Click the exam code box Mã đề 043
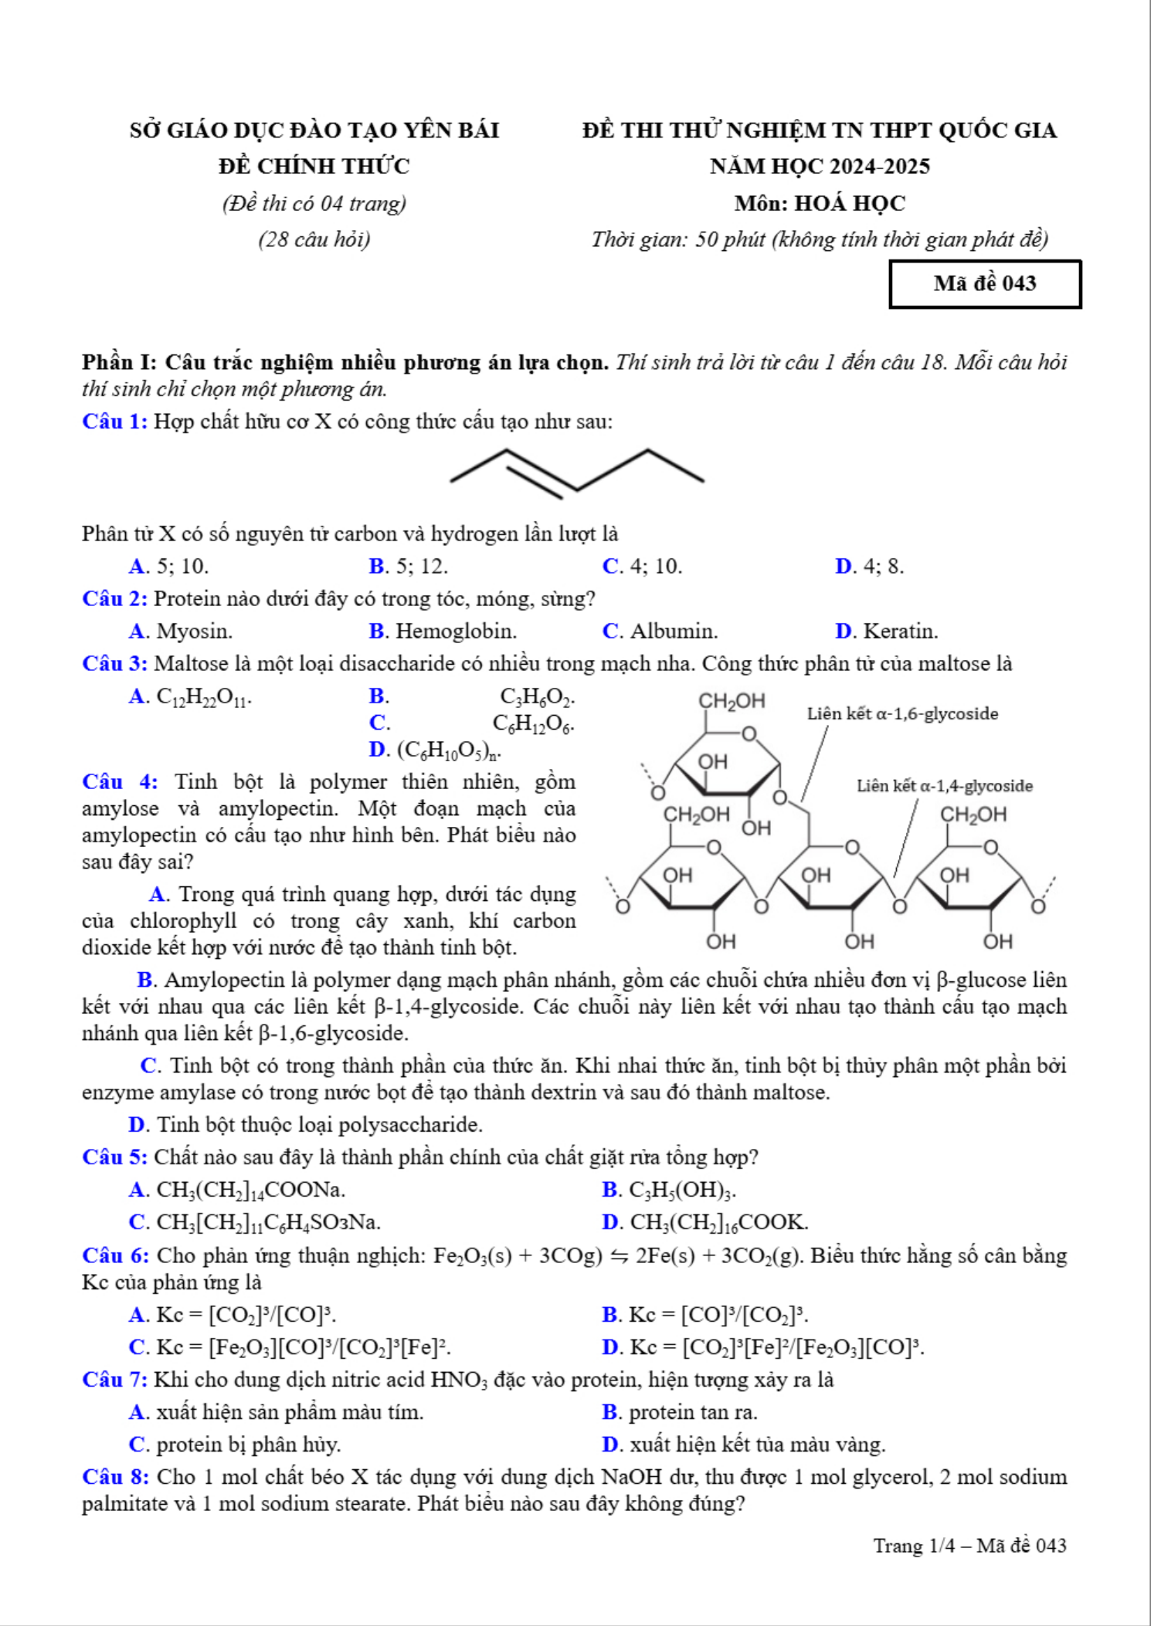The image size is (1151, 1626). [x=985, y=284]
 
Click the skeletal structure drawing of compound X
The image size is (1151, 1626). [x=577, y=471]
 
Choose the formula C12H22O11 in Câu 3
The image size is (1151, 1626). [x=203, y=697]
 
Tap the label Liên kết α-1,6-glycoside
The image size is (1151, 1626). [x=902, y=713]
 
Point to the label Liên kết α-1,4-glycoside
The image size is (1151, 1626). [x=944, y=786]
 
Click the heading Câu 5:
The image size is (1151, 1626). [x=114, y=1157]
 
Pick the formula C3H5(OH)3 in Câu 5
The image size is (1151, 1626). [x=682, y=1191]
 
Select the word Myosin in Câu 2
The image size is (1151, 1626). [x=194, y=632]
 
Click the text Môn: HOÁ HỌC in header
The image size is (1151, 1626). [x=820, y=203]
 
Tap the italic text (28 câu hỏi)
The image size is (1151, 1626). [x=314, y=239]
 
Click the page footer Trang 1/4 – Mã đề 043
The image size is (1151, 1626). [x=969, y=1546]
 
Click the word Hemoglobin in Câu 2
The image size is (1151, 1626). [x=456, y=632]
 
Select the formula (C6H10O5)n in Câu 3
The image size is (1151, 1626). [x=449, y=750]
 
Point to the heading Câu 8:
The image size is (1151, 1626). [x=115, y=1477]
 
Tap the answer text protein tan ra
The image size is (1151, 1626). [x=693, y=1412]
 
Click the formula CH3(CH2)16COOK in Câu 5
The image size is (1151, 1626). [x=719, y=1223]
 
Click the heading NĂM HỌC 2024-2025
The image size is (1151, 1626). [x=820, y=166]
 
